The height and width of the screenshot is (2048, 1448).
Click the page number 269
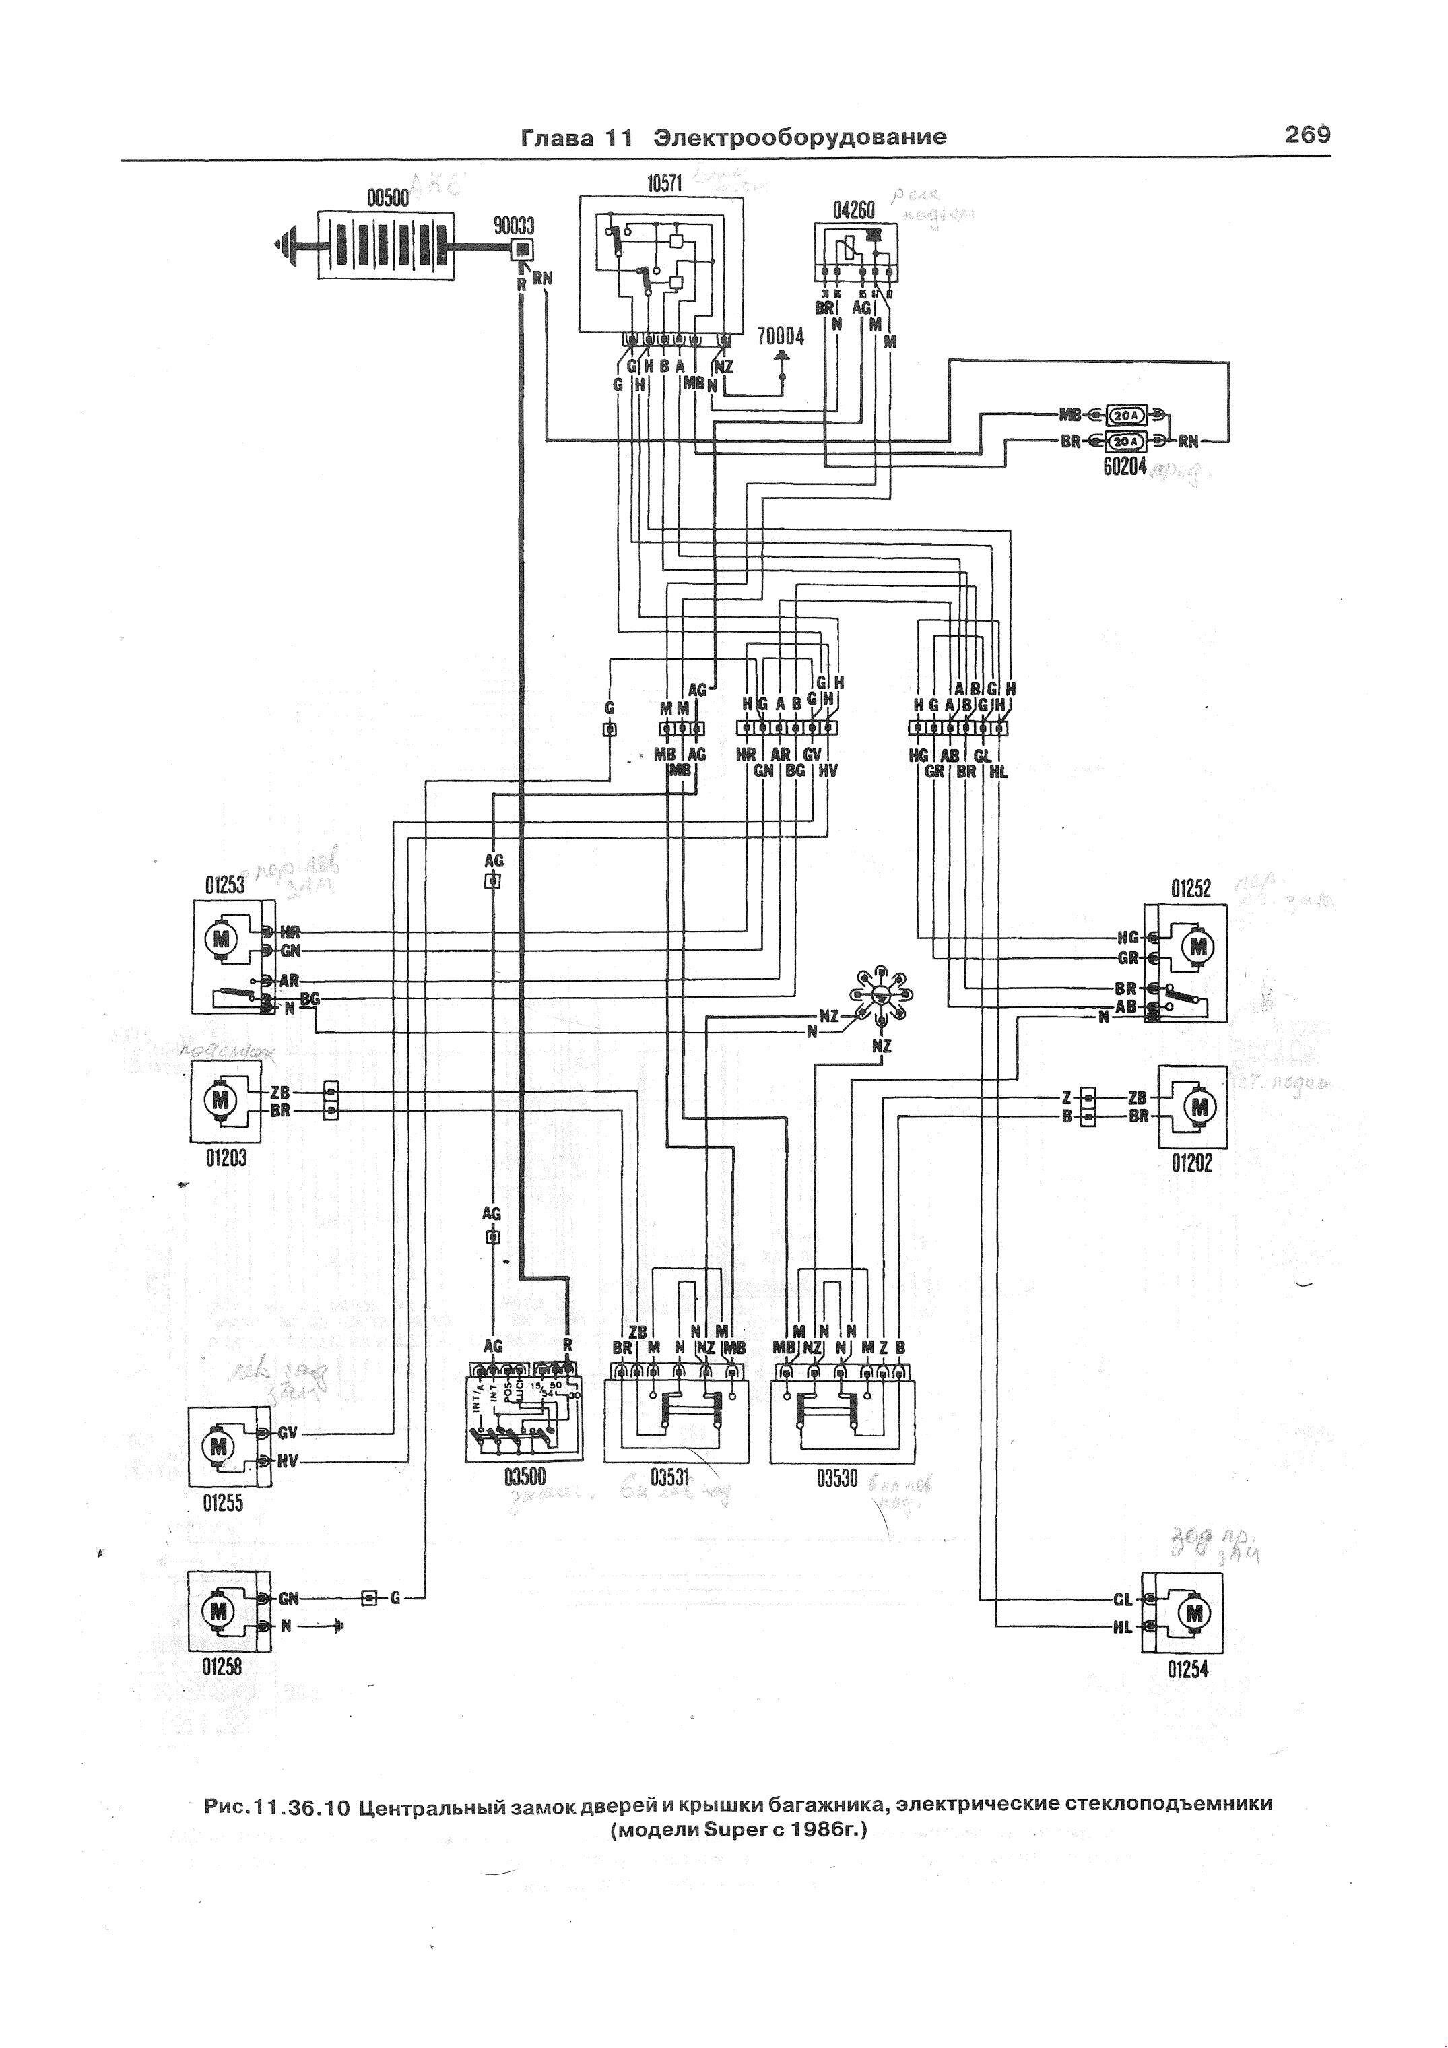coord(1307,135)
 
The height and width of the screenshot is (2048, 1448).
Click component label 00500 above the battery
coord(389,200)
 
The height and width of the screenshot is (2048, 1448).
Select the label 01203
coord(226,1158)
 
